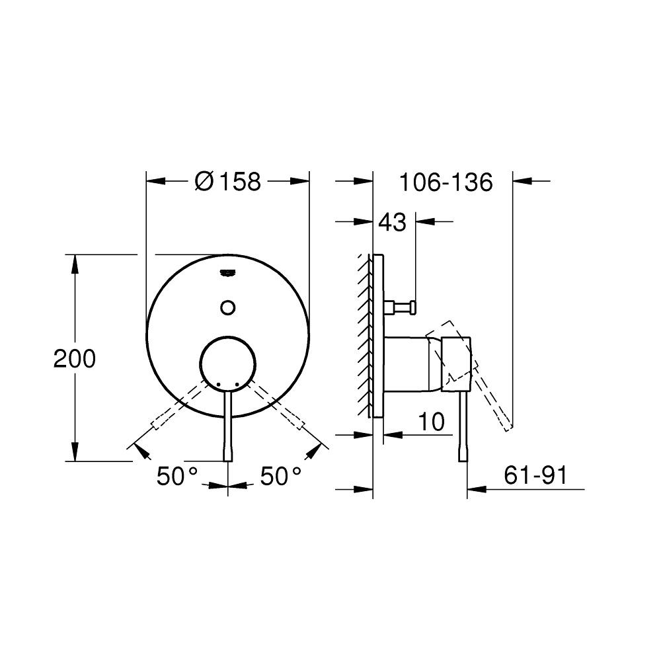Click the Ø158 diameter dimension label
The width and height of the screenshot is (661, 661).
coord(227,182)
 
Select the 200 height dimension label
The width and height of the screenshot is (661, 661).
coord(75,359)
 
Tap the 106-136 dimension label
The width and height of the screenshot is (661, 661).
coord(446,182)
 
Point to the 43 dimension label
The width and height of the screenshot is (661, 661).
coord(392,221)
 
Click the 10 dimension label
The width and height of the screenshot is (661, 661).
coord(431,422)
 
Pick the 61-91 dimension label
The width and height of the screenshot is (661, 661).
coord(535,475)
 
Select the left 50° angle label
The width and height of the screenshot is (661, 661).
coord(177,477)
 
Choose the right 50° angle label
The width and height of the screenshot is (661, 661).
coord(281,477)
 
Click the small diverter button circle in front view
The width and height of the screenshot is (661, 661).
coord(227,307)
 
